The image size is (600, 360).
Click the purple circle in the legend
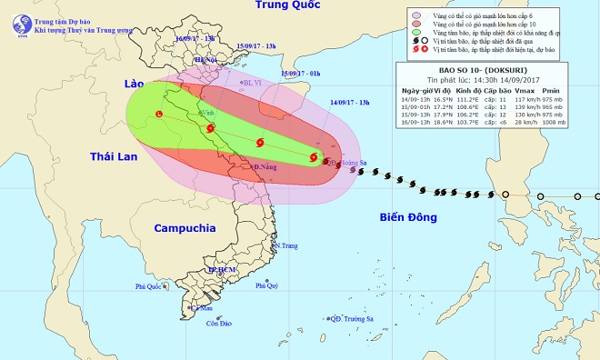click(416, 15)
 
